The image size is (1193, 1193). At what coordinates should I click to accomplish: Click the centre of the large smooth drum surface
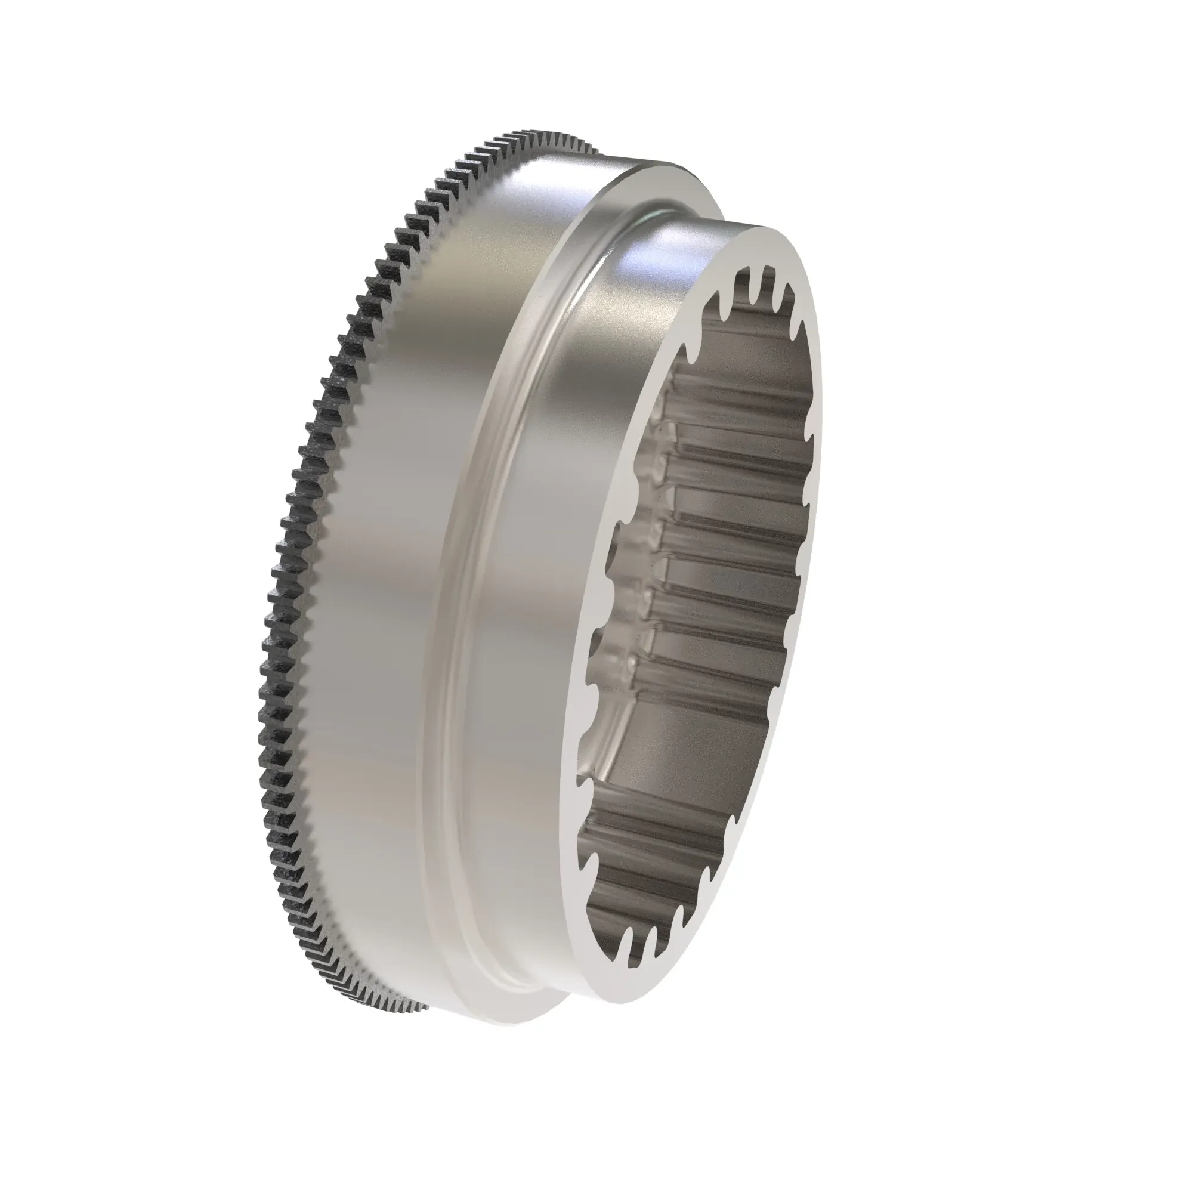click(395, 556)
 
